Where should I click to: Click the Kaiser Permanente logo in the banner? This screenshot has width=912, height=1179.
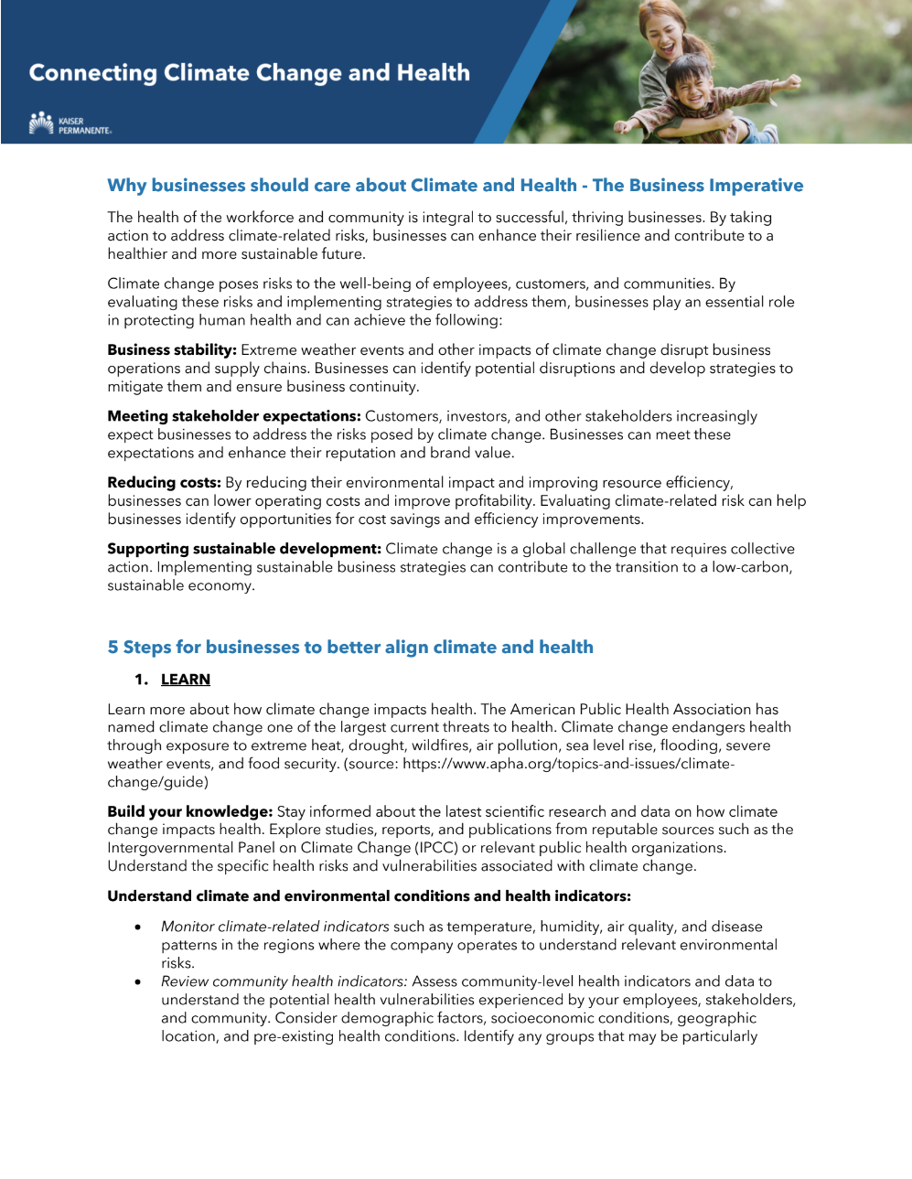[70, 124]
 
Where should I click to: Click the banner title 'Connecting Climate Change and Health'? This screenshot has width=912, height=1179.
[249, 73]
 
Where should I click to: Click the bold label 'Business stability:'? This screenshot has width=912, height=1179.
[172, 350]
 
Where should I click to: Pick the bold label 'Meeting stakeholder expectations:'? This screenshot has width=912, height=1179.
[234, 416]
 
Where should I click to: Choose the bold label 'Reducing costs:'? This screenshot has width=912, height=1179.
[164, 483]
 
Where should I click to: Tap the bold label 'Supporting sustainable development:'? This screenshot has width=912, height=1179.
[244, 549]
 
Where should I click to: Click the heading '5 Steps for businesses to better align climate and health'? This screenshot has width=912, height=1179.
[350, 648]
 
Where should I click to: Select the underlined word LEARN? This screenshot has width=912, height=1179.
[186, 680]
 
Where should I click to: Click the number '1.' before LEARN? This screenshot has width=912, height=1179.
[141, 680]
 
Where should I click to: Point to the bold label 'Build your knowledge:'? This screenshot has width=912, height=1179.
[190, 812]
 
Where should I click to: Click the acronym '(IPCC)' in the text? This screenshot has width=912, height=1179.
[436, 848]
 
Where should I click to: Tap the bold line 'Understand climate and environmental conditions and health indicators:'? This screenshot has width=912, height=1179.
[369, 896]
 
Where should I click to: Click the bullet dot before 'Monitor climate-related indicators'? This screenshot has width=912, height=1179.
[138, 927]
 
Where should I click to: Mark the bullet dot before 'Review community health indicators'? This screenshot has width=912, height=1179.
[138, 982]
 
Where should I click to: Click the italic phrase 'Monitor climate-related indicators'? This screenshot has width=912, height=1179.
[275, 927]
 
